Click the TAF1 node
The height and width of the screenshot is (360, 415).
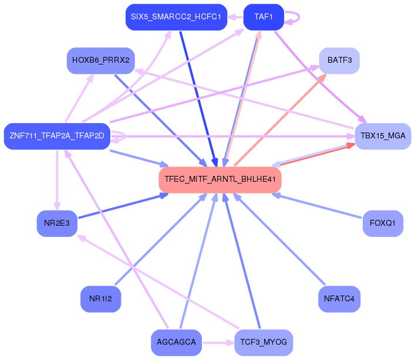point(264,17)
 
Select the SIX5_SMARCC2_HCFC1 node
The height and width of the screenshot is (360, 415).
point(176,17)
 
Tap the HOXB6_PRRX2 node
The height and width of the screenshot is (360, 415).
point(101,60)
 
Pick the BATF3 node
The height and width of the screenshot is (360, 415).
point(339,60)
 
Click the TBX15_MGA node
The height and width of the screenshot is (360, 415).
point(383,135)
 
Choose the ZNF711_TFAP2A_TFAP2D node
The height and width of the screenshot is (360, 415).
point(57,135)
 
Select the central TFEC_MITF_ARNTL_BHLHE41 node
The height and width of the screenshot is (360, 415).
point(220,179)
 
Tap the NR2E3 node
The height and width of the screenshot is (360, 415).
point(57,223)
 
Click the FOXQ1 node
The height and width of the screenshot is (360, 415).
point(383,223)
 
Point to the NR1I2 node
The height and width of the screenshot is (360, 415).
point(101,299)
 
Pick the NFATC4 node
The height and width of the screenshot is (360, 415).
point(339,299)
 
